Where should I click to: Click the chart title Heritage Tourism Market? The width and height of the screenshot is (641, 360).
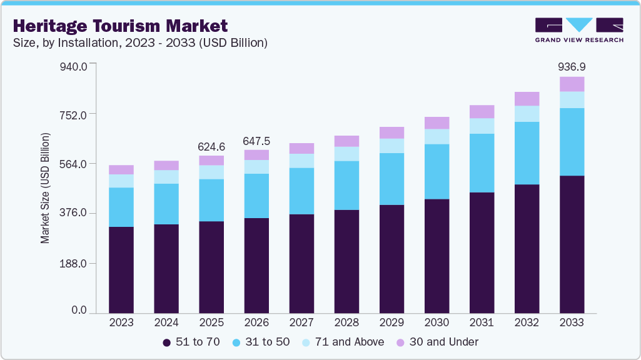point(119,26)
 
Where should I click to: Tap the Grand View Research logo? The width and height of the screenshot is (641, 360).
point(579,29)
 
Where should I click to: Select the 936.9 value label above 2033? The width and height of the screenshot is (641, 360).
point(572,66)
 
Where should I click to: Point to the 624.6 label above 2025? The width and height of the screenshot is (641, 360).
point(211,146)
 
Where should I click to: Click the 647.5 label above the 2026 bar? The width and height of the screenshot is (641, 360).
point(256,141)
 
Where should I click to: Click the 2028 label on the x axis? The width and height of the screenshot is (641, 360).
point(346,322)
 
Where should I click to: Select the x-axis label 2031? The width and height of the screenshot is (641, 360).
point(482,322)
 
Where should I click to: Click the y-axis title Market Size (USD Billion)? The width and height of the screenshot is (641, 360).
point(45,187)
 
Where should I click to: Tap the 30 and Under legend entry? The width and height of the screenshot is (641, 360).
point(437,342)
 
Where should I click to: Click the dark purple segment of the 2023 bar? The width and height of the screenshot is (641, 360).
point(121,270)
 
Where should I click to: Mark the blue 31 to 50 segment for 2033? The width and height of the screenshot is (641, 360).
point(572,142)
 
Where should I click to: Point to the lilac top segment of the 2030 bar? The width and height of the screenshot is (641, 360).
point(437,122)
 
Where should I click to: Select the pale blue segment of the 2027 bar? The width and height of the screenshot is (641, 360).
point(301,161)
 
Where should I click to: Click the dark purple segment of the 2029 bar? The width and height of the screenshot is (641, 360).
point(391,259)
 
